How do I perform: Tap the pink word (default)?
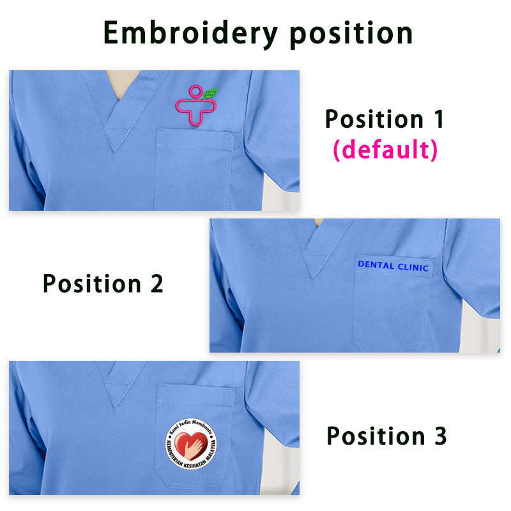click(385, 151)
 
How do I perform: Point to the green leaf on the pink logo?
click(210, 94)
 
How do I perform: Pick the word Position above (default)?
click(370, 119)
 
